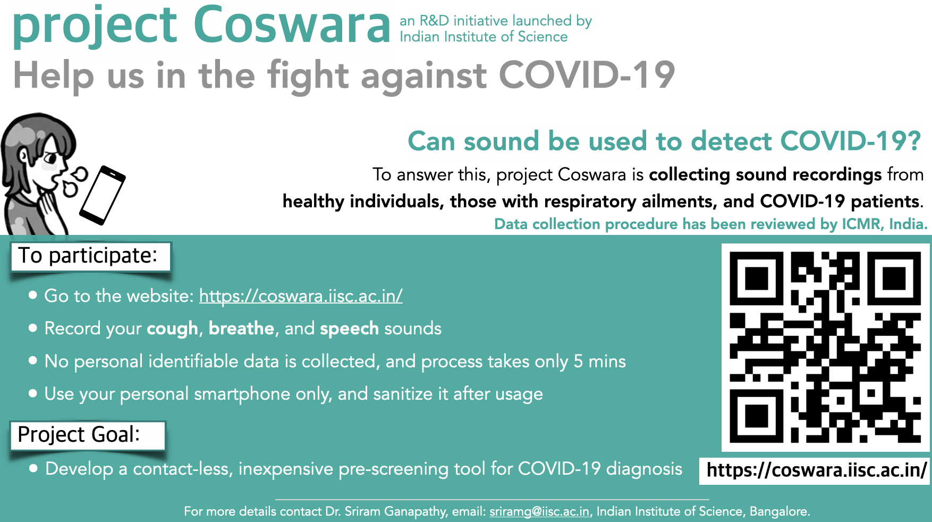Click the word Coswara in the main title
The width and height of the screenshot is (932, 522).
[x=292, y=24]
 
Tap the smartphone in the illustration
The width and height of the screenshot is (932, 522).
[x=103, y=195]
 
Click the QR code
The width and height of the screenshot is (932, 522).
[x=825, y=347]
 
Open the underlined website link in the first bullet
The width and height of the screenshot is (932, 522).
[x=301, y=296]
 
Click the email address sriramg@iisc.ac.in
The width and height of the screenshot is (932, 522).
[x=539, y=511]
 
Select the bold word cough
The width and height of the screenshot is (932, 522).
[x=172, y=329]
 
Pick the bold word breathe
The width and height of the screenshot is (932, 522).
[x=242, y=328]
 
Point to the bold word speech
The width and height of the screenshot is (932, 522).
[x=349, y=329]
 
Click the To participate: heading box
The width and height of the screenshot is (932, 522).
[x=90, y=256]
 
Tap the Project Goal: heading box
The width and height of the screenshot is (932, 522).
[x=88, y=435]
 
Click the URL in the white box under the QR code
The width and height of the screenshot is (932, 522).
[x=816, y=470]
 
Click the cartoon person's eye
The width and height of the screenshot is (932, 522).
[x=50, y=157]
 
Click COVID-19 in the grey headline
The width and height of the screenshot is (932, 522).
[x=587, y=74]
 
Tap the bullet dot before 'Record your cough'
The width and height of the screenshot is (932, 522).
[x=33, y=328]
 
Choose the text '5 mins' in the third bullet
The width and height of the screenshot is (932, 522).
[x=599, y=361]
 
